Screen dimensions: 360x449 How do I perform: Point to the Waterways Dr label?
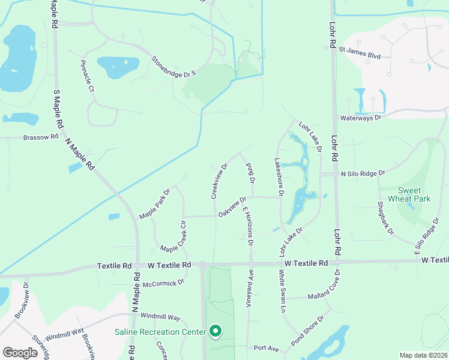[x=360, y=118]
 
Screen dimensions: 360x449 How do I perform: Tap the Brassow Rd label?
[x=41, y=137]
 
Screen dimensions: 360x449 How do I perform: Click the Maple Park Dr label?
[x=155, y=204]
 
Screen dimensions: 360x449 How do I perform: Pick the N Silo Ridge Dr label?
[x=363, y=173]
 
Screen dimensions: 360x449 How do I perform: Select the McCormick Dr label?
[x=163, y=283]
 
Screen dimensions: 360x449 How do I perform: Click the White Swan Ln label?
[x=282, y=291]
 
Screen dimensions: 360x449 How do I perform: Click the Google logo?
[x=20, y=352]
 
